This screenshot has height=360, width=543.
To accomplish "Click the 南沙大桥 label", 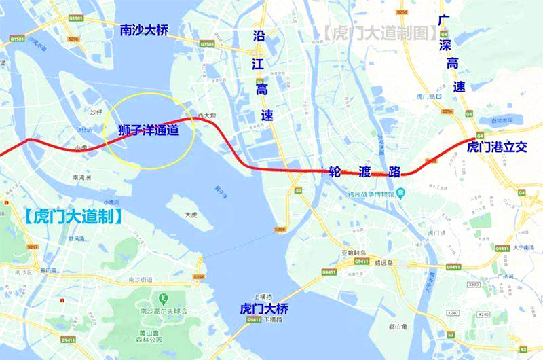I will pyautogui.click(x=143, y=31).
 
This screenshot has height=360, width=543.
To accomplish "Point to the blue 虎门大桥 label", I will pyautogui.click(x=264, y=308).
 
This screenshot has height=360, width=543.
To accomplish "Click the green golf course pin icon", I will pyautogui.click(x=163, y=298).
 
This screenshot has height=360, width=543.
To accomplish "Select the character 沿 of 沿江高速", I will pyautogui.click(x=258, y=35).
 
